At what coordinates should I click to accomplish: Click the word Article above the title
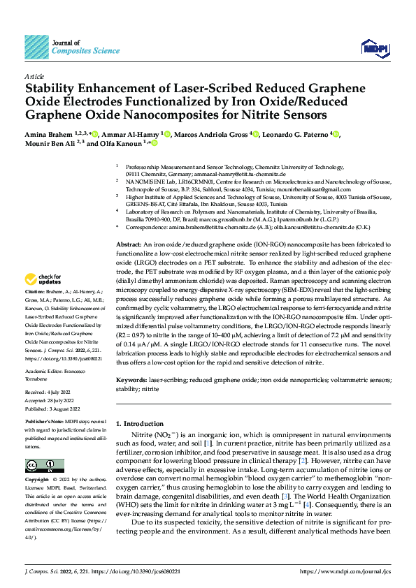34,76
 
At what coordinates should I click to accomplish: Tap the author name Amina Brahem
48,133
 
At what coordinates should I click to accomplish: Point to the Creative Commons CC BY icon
44,465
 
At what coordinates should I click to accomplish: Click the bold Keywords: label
131,378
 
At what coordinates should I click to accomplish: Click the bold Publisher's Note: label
45,423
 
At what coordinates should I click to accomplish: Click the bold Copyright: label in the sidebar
38,480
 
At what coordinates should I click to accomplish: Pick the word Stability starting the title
51,89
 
